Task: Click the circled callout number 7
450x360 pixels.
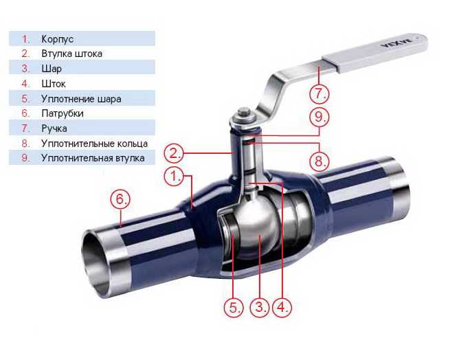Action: pos(319,93)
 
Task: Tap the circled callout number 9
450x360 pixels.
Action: pos(319,117)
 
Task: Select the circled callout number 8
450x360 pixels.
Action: pos(319,161)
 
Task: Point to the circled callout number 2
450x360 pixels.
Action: pos(174,153)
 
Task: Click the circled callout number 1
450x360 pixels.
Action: pos(174,176)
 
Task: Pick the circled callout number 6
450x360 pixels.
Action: pos(120,199)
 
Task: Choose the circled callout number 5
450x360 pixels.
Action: pos(234,308)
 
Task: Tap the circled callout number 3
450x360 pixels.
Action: pos(260,308)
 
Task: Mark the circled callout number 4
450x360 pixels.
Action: pos(282,308)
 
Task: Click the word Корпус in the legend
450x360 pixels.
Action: pos(58,39)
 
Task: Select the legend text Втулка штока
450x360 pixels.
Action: pos(71,54)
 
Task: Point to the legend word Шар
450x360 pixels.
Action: pos(52,69)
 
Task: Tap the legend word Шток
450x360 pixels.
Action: pos(54,84)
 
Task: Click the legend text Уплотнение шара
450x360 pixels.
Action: pos(81,99)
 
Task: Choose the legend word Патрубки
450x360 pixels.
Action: pos(63,113)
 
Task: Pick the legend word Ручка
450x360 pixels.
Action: pos(54,128)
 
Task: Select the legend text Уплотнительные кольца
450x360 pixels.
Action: pos(94,144)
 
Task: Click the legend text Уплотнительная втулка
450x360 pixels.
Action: pos(93,158)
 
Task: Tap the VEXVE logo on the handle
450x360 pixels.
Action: pos(396,43)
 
